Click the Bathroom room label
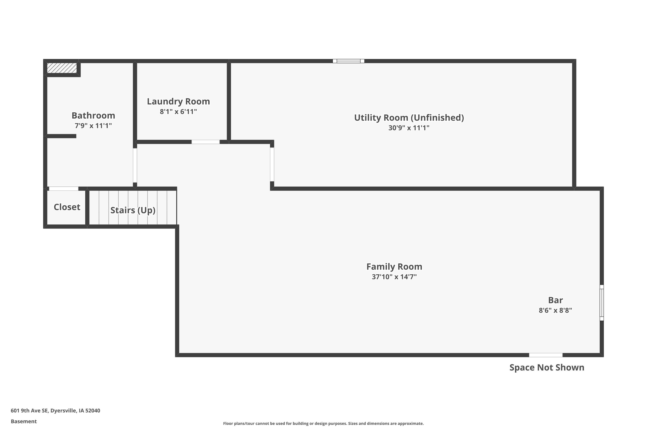pyautogui.click(x=93, y=115)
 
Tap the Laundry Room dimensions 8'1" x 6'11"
pyautogui.click(x=179, y=112)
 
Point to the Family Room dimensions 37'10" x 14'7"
pyautogui.click(x=394, y=277)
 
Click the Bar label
pyautogui.click(x=555, y=300)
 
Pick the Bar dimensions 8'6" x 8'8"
pyautogui.click(x=555, y=310)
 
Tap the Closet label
pyautogui.click(x=67, y=207)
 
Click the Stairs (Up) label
pyautogui.click(x=133, y=210)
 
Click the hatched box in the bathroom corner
pyautogui.click(x=62, y=68)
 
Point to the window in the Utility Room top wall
pyautogui.click(x=349, y=61)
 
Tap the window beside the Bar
pyautogui.click(x=602, y=303)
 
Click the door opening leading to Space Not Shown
pyautogui.click(x=546, y=355)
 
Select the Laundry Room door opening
pyautogui.click(x=206, y=142)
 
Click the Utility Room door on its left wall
pyautogui.click(x=272, y=164)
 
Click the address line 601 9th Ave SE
pyautogui.click(x=55, y=411)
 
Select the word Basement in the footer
pyautogui.click(x=24, y=421)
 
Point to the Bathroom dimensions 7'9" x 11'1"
pyautogui.click(x=93, y=126)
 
